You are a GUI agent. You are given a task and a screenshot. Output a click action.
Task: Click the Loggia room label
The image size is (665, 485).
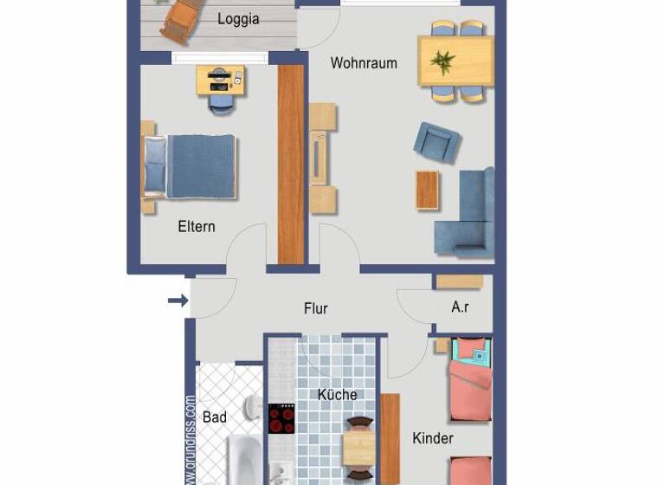(238, 19)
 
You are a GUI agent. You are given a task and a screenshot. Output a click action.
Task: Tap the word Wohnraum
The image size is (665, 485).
(364, 63)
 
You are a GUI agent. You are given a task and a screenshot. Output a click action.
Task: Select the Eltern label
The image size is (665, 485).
(197, 226)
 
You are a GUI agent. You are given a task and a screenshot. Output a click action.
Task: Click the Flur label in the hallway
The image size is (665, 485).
(316, 308)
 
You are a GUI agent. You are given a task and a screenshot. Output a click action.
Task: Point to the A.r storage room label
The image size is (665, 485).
(461, 307)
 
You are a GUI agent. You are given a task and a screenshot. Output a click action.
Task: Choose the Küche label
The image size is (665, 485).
(337, 395)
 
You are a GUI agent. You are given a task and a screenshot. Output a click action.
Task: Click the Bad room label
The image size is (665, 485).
(215, 417)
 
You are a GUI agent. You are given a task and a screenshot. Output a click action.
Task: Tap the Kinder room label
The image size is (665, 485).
(433, 438)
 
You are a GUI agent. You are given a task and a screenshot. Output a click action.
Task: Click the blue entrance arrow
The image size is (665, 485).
(178, 301)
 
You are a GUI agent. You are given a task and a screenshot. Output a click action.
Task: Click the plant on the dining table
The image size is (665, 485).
(444, 61)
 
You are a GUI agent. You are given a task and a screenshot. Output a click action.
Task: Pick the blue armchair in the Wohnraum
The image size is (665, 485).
(436, 141)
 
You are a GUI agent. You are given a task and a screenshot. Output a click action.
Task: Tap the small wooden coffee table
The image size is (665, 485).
(428, 190)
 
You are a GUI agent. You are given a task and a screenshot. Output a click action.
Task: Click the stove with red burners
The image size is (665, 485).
(281, 419)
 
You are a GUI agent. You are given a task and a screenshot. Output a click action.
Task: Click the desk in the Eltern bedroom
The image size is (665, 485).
(221, 81)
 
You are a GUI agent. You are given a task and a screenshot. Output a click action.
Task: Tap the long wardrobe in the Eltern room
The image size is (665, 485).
(291, 164)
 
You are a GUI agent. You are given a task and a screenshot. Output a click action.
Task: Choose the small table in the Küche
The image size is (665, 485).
(358, 449)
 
